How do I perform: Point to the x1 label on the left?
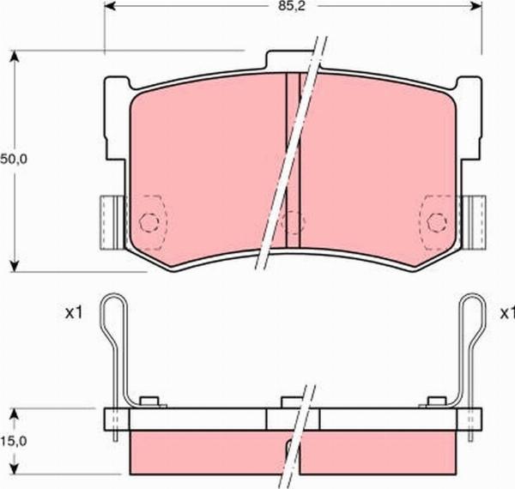(73, 313)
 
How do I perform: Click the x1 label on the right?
(506, 313)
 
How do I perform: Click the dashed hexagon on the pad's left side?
(150, 222)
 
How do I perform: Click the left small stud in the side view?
(151, 401)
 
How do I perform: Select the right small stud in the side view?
(438, 401)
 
